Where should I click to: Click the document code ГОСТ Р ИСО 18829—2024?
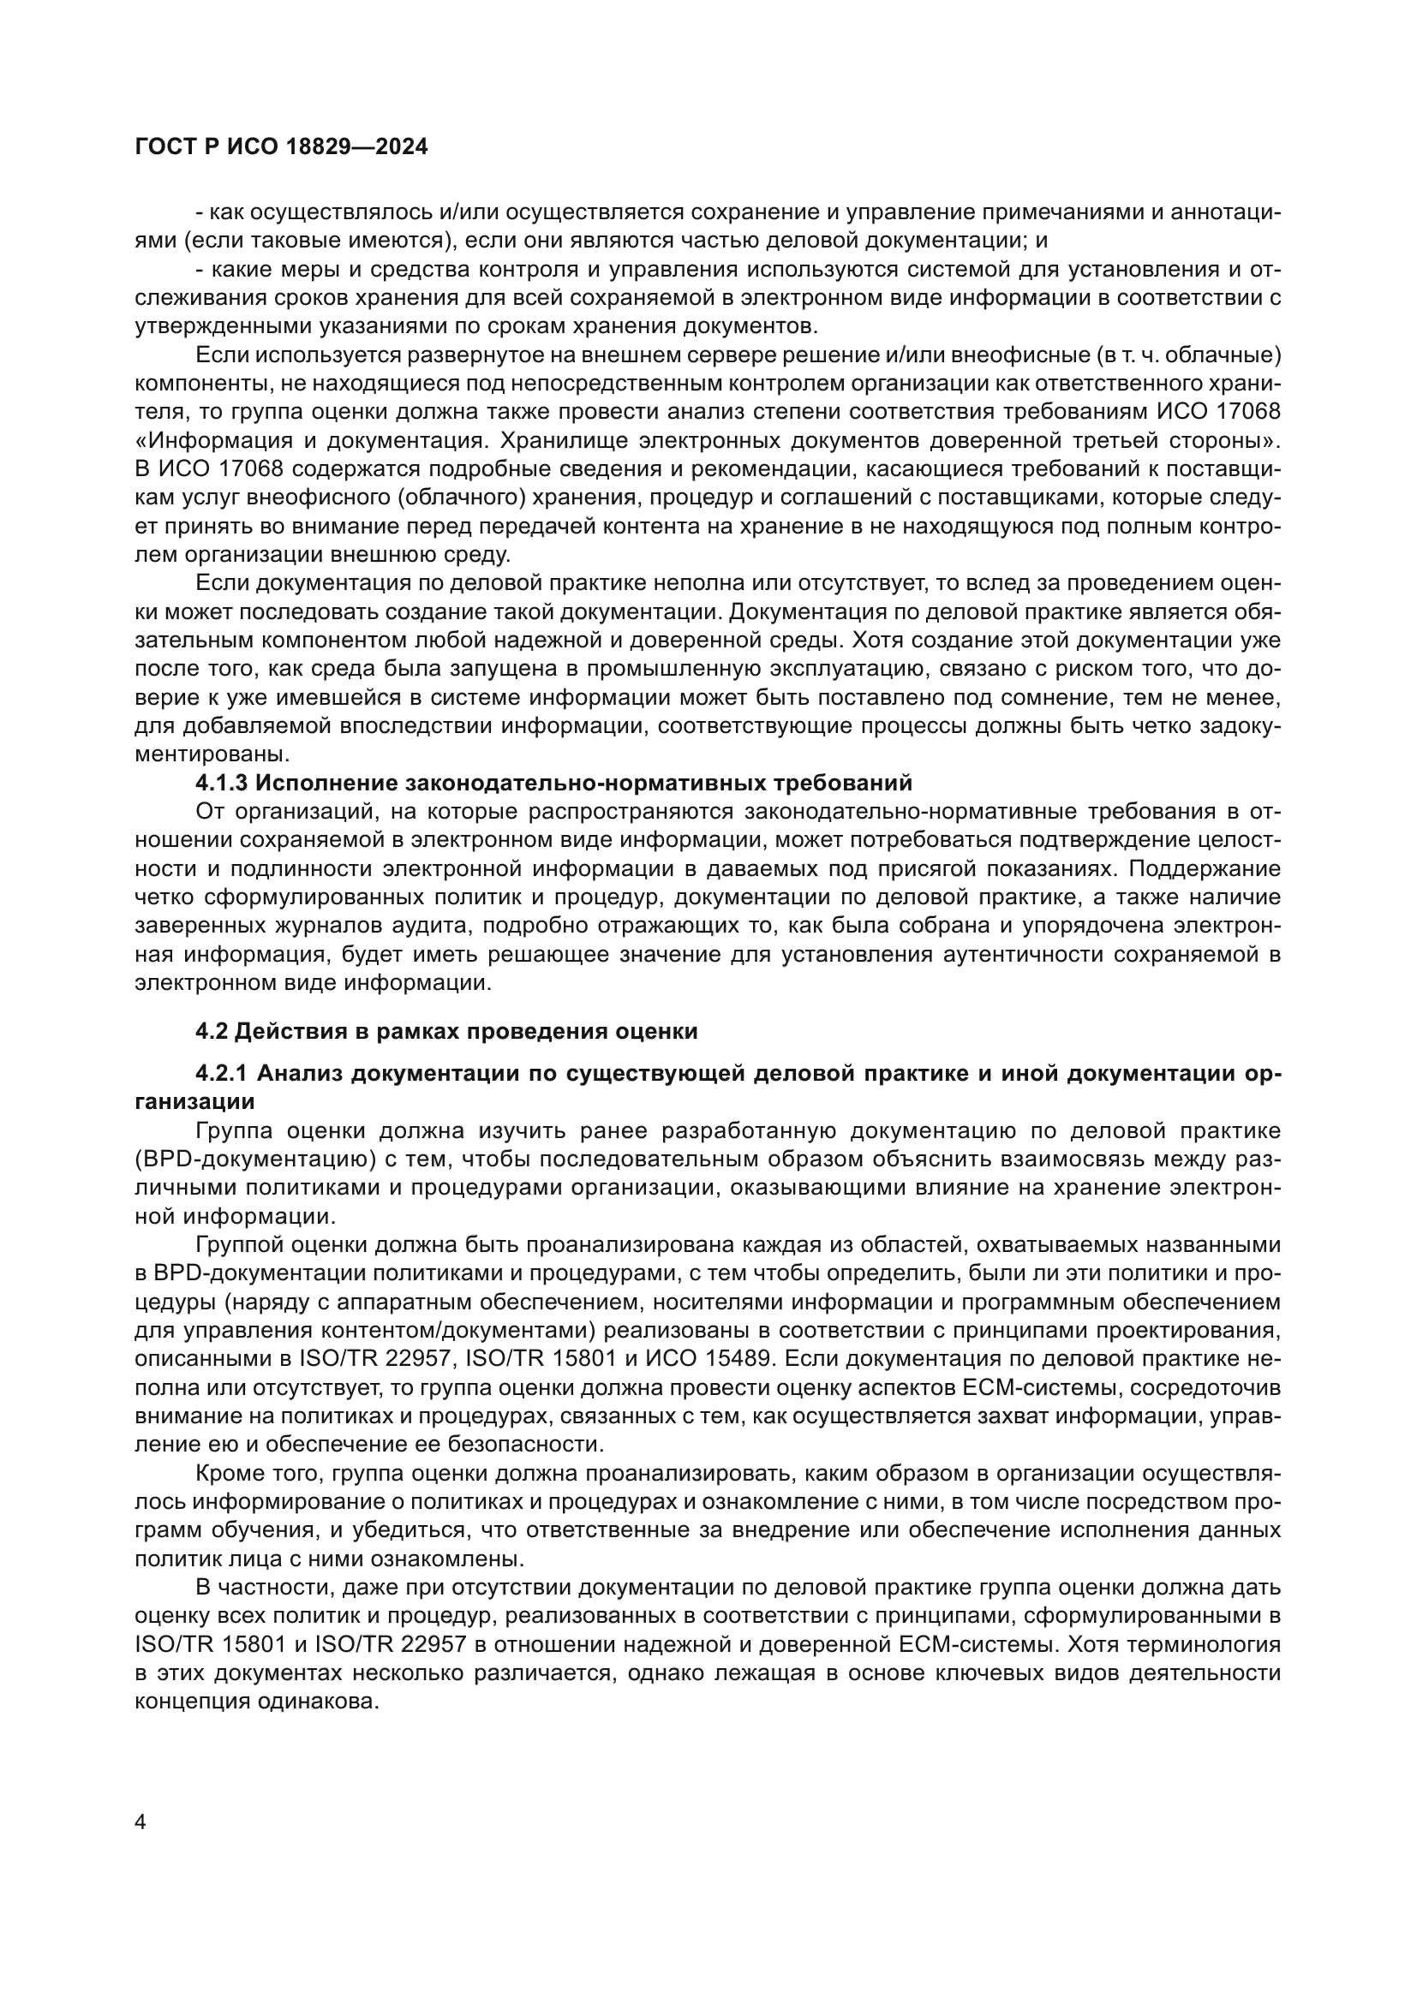point(281,147)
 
